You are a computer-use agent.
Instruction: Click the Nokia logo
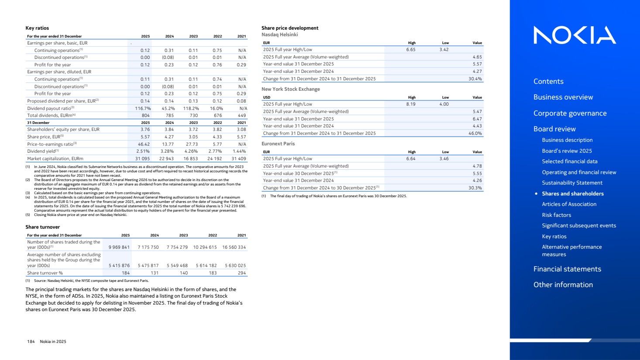(x=575, y=35)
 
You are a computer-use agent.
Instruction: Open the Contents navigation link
(x=548, y=81)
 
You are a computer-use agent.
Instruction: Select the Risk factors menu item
(x=556, y=215)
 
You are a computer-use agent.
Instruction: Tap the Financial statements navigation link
(x=567, y=269)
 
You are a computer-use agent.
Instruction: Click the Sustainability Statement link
(x=572, y=183)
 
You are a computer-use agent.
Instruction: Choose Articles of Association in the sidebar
(x=569, y=204)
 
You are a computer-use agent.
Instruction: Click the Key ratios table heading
(x=37, y=28)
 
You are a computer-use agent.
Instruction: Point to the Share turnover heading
(x=43, y=227)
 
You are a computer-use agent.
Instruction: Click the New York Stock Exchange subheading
(x=291, y=89)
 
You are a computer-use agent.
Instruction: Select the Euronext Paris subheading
(x=278, y=144)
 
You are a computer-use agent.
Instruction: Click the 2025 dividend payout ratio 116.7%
(x=143, y=108)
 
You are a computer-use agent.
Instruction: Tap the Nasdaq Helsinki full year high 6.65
(x=411, y=50)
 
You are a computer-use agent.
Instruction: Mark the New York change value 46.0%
(x=475, y=133)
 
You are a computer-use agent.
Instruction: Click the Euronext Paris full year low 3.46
(x=444, y=159)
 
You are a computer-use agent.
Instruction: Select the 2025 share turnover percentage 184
(x=126, y=273)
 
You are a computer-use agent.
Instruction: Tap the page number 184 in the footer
(x=31, y=342)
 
